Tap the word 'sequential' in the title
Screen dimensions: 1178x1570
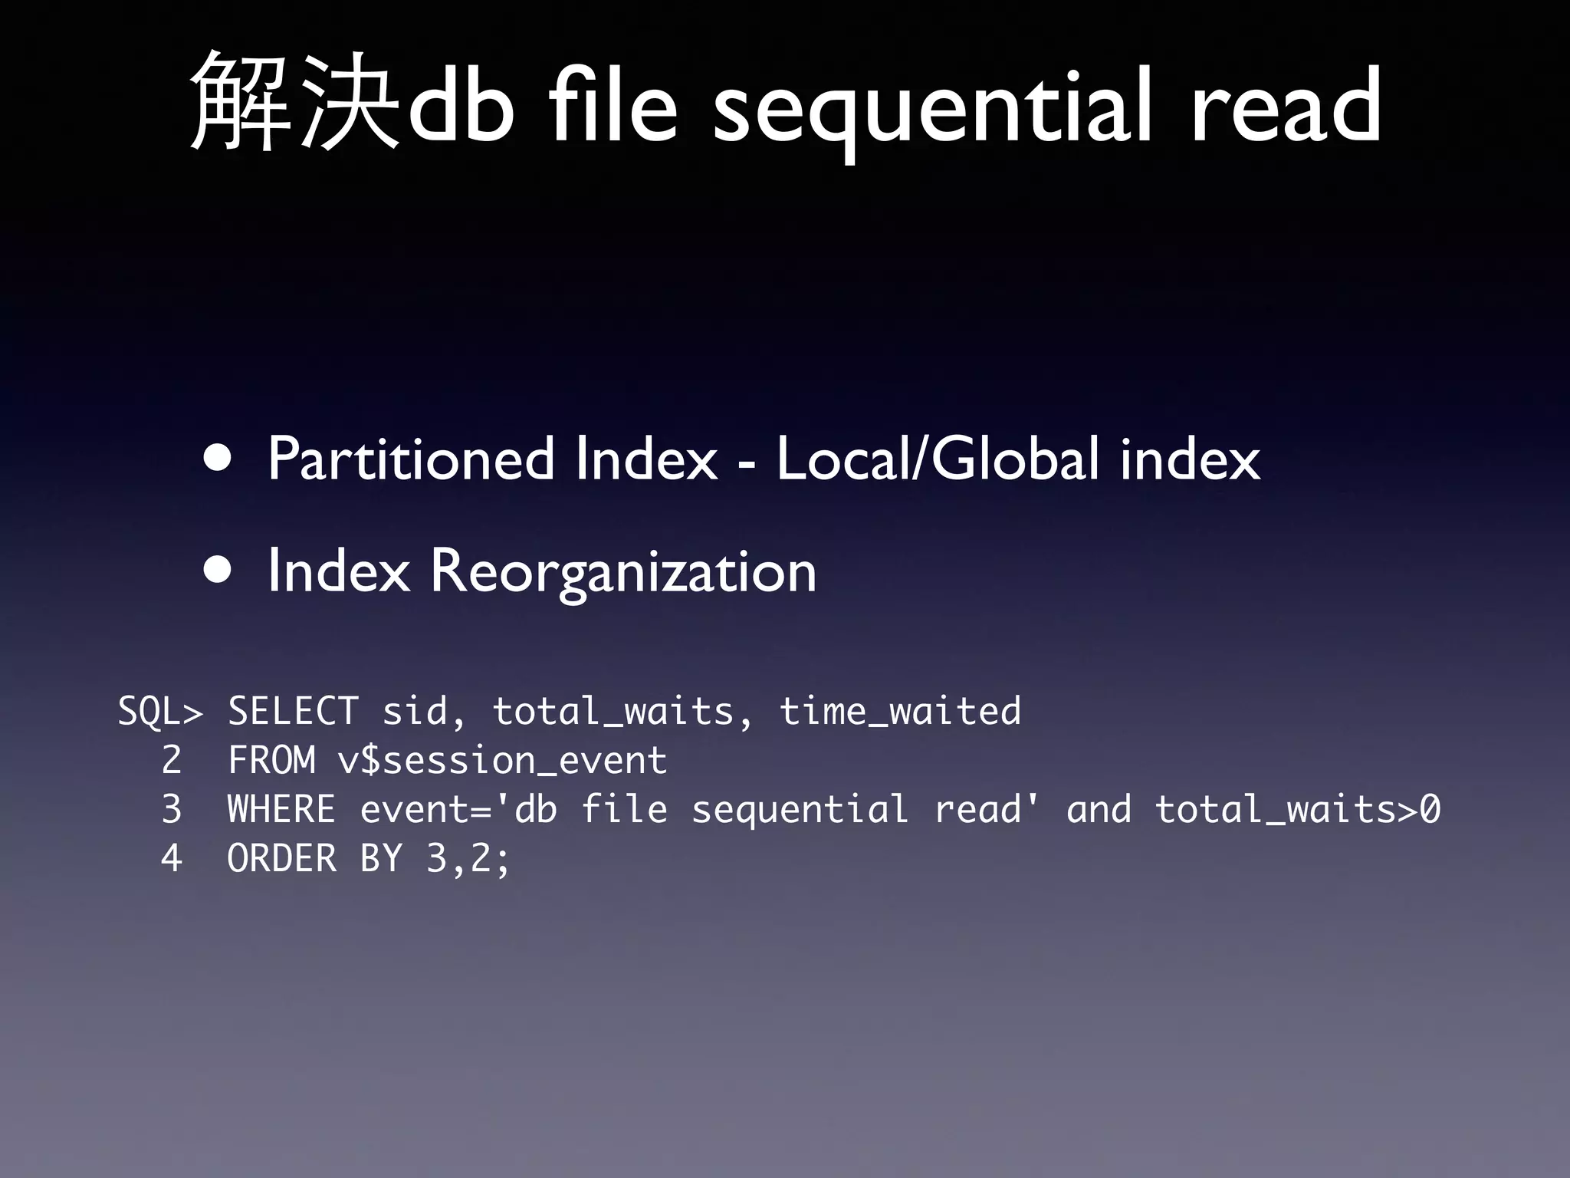click(x=931, y=107)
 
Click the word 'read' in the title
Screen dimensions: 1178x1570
click(x=1286, y=104)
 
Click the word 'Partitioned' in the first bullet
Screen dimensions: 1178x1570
click(x=410, y=459)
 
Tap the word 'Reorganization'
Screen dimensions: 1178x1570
click(x=622, y=572)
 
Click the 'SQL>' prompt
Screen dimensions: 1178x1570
click(x=160, y=711)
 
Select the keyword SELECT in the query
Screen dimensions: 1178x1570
click(x=293, y=711)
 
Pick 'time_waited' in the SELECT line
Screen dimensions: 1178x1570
click(x=900, y=711)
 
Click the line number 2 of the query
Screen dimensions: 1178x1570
click(x=172, y=760)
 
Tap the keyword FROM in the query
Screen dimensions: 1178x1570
click(x=271, y=760)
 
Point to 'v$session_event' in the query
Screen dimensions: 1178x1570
click(x=502, y=760)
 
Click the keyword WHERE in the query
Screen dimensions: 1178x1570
click(x=281, y=809)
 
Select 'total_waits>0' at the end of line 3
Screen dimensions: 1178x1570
click(x=1297, y=809)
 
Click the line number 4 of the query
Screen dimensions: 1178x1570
click(x=172, y=858)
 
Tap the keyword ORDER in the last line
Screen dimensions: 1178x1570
click(x=281, y=858)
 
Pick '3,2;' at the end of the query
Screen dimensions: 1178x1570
click(x=468, y=858)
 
